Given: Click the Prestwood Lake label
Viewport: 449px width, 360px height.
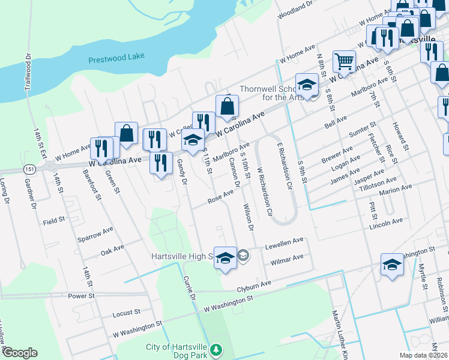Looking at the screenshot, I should pos(116,59).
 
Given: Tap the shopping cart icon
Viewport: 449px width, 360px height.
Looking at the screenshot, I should pos(344,61).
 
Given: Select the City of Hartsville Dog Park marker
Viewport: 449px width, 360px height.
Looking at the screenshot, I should pos(217,349).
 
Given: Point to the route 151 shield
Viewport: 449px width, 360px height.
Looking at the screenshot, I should pos(29,170).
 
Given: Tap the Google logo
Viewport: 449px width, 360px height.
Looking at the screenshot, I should pos(19,353).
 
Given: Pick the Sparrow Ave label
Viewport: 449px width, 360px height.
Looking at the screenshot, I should pos(95,230).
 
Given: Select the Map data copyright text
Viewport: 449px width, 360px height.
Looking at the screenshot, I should pos(424,355).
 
